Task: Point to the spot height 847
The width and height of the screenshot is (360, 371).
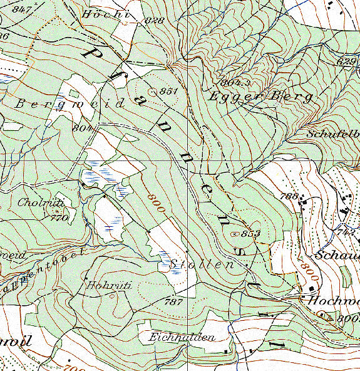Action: point(21,9)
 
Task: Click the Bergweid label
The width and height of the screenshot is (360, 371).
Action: point(70,104)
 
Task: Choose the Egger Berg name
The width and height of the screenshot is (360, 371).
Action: point(260,97)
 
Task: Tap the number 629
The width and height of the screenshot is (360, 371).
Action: point(346,61)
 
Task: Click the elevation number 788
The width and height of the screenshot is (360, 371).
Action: point(290,197)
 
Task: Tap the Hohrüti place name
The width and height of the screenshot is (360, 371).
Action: point(109,285)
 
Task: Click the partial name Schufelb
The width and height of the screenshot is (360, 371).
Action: point(332,134)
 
